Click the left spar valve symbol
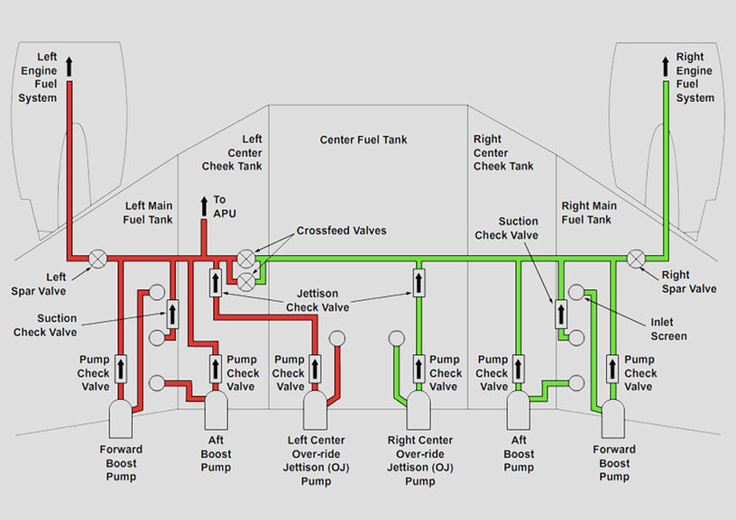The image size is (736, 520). (x=97, y=259)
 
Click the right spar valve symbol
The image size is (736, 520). (x=638, y=259)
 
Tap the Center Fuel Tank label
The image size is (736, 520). (x=363, y=140)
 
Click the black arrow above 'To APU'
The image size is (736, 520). (x=205, y=204)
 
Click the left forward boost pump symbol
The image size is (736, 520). (x=122, y=417)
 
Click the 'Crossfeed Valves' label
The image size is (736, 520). (x=341, y=231)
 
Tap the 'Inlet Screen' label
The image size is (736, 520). (x=668, y=329)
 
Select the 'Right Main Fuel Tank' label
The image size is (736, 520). (x=589, y=213)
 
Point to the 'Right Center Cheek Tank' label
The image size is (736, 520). (x=503, y=152)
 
